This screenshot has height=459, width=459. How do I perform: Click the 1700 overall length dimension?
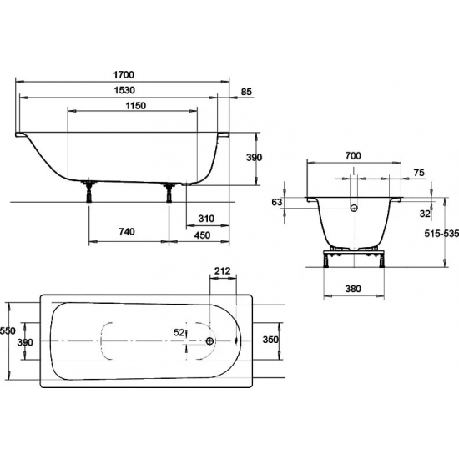click(124, 75)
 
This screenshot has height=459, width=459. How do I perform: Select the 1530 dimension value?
click(124, 90)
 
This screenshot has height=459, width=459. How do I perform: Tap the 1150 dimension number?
click(136, 105)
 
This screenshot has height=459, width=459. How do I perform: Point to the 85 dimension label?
click(246, 92)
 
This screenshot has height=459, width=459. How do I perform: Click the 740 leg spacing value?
click(127, 231)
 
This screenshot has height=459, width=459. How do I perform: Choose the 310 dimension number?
click(206, 219)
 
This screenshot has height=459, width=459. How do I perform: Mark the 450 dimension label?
click(202, 235)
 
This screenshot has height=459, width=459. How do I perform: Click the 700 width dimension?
click(353, 156)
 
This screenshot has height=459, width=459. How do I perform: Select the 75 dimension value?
click(419, 173)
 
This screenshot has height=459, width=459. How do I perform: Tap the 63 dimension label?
click(277, 202)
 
